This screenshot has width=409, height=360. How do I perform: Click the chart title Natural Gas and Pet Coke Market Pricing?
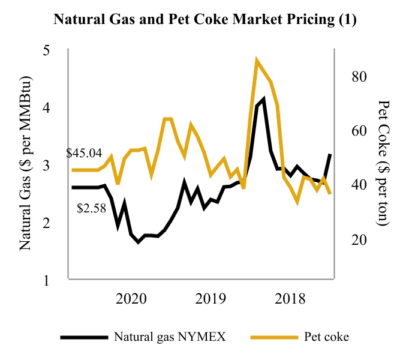pyautogui.click(x=204, y=20)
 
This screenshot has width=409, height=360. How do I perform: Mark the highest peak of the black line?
pyautogui.click(x=263, y=99)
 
